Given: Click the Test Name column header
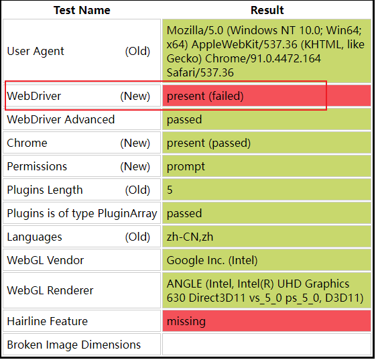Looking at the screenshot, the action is [x=82, y=10].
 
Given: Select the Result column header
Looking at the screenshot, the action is [x=267, y=10].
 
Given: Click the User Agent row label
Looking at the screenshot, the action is [x=36, y=51].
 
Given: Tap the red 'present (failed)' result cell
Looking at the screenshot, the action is [x=266, y=96].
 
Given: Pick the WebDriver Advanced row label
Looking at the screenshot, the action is [x=61, y=119].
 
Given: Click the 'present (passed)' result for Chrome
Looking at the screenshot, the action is [x=208, y=143].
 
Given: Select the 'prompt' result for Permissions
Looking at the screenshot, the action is [x=186, y=167].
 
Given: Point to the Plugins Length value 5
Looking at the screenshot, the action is [x=170, y=190].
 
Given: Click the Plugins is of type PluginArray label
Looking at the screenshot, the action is [x=82, y=213].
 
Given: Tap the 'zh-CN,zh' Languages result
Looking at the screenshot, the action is [x=190, y=237].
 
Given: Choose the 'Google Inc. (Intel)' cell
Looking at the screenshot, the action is [x=212, y=260].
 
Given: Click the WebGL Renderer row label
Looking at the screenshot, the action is [x=50, y=290].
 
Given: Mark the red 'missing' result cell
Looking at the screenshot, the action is [x=266, y=321].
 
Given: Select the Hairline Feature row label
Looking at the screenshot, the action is [x=47, y=321].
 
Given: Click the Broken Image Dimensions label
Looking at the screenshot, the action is [x=74, y=345].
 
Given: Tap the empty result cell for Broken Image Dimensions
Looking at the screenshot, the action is [x=266, y=345].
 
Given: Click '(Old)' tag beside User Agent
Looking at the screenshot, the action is [x=137, y=51].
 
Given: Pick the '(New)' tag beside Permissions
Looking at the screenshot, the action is [x=135, y=167].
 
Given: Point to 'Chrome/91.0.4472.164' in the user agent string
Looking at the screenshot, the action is [x=263, y=58].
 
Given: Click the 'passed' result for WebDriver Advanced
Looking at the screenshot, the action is [x=184, y=119].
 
